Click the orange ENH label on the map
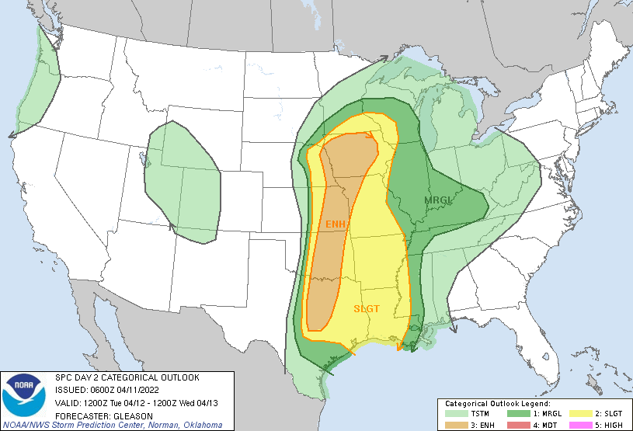(x=336, y=224)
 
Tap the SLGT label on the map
(x=367, y=308)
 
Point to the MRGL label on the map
(x=437, y=201)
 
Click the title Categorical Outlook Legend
(x=497, y=404)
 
